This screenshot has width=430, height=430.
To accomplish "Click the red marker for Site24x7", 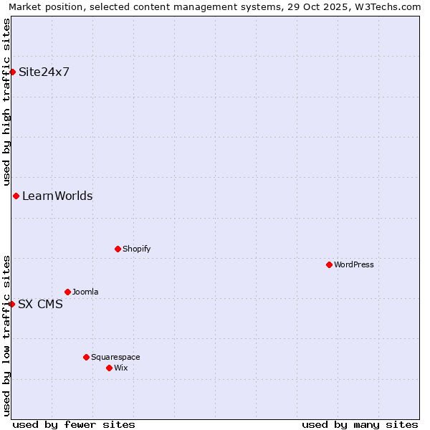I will click(x=12, y=72).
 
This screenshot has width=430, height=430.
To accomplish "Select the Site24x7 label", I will click(x=44, y=72).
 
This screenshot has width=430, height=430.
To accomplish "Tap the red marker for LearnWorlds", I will click(x=16, y=196).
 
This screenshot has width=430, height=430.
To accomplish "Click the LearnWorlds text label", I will click(x=57, y=196).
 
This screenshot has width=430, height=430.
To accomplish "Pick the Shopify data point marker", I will click(x=118, y=249).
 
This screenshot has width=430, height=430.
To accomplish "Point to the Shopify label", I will click(x=136, y=249).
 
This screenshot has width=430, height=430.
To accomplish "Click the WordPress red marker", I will click(x=329, y=264).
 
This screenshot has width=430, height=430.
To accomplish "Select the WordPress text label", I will click(x=353, y=264).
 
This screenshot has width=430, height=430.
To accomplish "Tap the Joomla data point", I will click(x=67, y=292).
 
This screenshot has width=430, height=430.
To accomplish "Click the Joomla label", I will click(x=85, y=292).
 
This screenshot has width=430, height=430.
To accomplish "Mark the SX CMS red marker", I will click(x=11, y=304).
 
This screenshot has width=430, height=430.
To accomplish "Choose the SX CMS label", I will click(x=40, y=304).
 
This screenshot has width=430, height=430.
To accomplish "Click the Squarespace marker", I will click(x=86, y=357).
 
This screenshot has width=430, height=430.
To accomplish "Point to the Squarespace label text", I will click(x=115, y=357).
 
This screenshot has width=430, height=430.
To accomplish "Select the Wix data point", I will click(x=109, y=368).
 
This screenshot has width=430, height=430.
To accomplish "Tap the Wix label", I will click(x=120, y=368).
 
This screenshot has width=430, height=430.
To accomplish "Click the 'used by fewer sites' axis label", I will click(x=74, y=424).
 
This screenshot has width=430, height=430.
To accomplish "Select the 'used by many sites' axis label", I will click(x=360, y=424).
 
